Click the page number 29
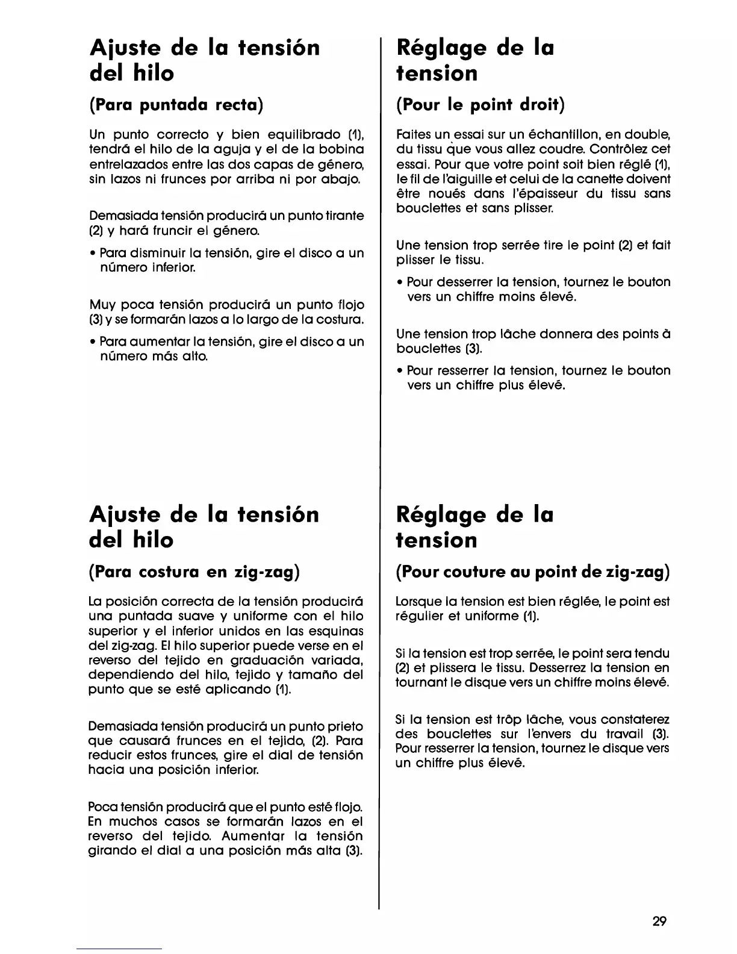coord(659,921)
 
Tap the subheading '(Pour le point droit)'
coord(480,105)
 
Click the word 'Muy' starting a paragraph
coord(102,305)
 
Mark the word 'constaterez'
coord(636,720)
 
